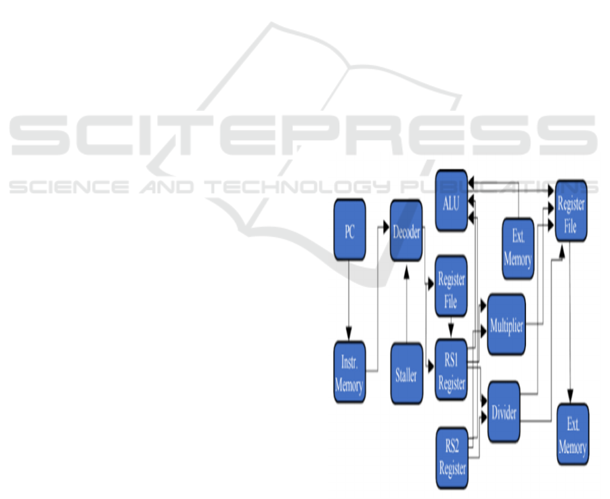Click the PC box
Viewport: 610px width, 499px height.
coord(349,231)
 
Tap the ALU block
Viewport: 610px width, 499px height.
coord(452,202)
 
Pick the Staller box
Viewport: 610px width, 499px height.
coord(406,374)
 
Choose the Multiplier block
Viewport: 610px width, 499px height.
coord(506,324)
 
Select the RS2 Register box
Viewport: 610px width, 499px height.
coord(452,457)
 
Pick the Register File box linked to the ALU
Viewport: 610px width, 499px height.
coord(571,211)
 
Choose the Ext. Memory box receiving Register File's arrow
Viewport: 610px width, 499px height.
coord(572,434)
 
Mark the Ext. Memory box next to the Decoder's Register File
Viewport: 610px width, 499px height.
coord(518,248)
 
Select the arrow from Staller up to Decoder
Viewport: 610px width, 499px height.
coord(406,305)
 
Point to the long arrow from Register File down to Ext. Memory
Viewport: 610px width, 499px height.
coord(571,318)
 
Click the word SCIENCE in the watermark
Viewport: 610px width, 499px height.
coord(67,187)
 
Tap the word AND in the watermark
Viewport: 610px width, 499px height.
coord(169,187)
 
